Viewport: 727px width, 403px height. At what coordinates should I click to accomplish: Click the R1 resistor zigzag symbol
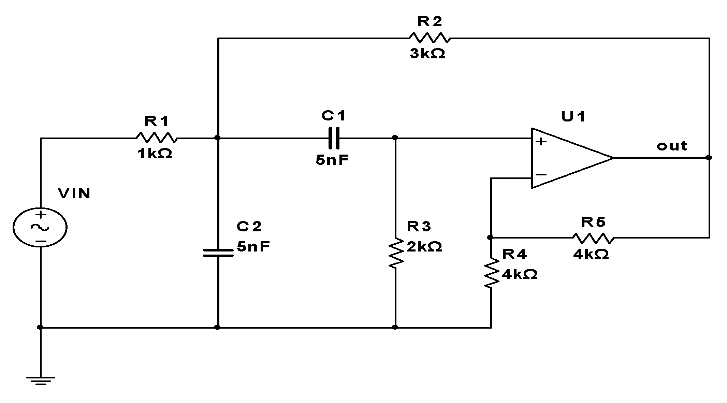pyautogui.click(x=157, y=138)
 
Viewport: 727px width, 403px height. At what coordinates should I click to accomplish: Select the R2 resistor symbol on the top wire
pyautogui.click(x=430, y=38)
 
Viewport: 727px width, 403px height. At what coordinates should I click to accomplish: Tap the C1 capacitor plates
pyautogui.click(x=334, y=138)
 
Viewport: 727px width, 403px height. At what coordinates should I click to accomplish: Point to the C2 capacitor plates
pyautogui.click(x=218, y=253)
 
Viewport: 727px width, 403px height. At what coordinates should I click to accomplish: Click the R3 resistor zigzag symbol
pyautogui.click(x=395, y=253)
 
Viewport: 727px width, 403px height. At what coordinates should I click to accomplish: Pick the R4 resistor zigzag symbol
pyautogui.click(x=491, y=273)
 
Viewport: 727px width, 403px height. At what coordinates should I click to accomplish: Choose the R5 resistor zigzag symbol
pyautogui.click(x=593, y=238)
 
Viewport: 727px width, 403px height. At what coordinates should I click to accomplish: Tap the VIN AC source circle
pyautogui.click(x=40, y=228)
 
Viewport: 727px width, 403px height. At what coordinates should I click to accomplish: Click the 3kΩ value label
pyautogui.click(x=427, y=54)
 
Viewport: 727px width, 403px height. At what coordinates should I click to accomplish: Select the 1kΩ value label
pyautogui.click(x=155, y=154)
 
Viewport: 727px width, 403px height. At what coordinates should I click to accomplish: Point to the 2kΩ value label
pyautogui.click(x=424, y=246)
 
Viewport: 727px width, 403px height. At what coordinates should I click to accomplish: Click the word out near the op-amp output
pyautogui.click(x=672, y=146)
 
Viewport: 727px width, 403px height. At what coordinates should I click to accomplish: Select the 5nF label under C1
pyautogui.click(x=332, y=160)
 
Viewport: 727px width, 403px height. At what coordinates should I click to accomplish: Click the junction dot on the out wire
pyautogui.click(x=709, y=158)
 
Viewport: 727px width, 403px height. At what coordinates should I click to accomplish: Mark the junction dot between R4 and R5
pyautogui.click(x=490, y=237)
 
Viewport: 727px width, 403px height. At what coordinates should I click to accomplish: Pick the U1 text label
pyautogui.click(x=573, y=117)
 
